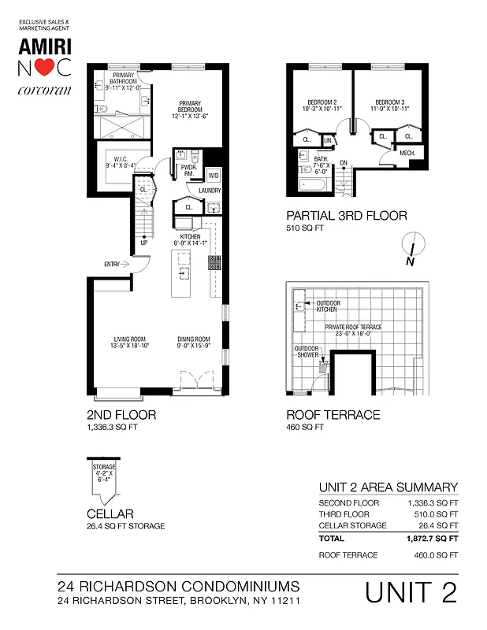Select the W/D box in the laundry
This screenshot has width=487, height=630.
click(x=213, y=176)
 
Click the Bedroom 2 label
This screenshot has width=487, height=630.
click(x=322, y=105)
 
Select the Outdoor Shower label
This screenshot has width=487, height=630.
click(x=307, y=351)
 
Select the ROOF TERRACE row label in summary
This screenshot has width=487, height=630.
click(x=348, y=555)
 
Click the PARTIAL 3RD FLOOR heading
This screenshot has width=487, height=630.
click(x=346, y=215)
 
